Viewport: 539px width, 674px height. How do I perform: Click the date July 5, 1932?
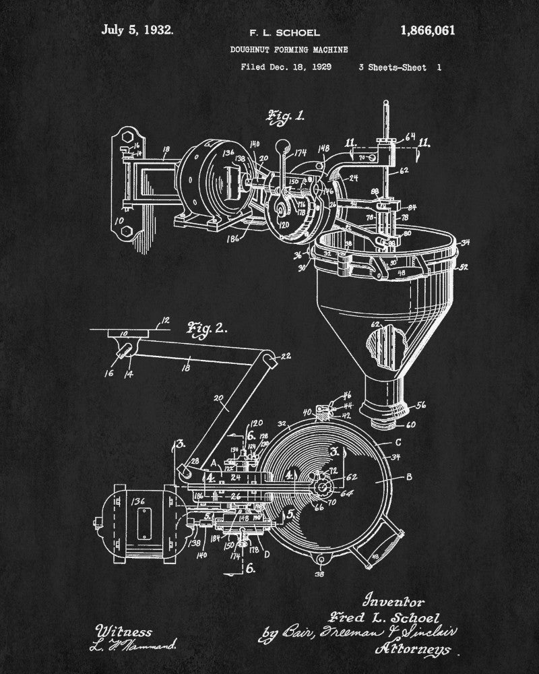[x=137, y=30]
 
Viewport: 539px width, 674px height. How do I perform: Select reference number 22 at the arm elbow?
[x=286, y=356]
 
